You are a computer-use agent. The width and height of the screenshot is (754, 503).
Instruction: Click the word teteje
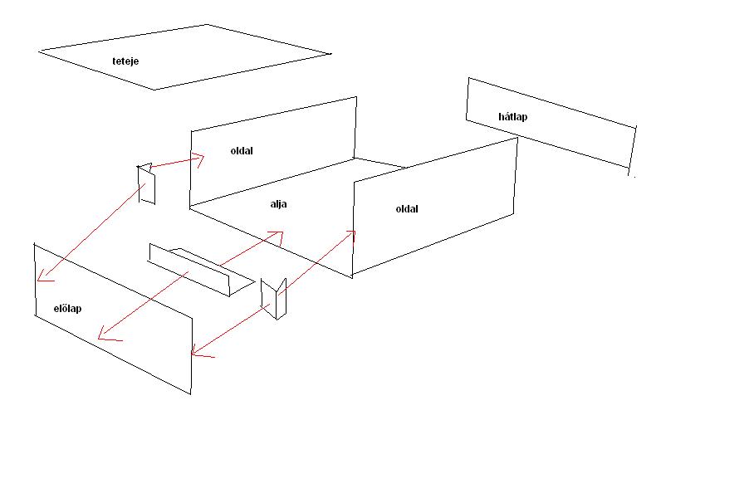click(125, 61)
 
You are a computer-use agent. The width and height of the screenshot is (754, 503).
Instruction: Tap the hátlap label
click(512, 116)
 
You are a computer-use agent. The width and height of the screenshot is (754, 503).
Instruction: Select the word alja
click(278, 204)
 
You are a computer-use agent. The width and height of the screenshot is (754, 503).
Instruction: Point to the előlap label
click(67, 308)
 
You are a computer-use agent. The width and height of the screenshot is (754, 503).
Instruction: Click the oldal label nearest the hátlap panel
click(407, 208)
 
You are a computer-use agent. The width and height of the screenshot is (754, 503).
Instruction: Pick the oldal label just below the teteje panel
click(242, 150)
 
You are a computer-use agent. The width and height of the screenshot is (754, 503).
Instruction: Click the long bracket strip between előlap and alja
click(201, 271)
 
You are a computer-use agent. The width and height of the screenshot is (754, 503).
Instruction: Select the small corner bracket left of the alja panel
click(146, 183)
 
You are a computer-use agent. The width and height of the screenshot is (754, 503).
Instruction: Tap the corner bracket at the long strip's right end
click(273, 299)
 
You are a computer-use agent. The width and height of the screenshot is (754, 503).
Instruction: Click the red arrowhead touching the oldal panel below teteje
click(198, 159)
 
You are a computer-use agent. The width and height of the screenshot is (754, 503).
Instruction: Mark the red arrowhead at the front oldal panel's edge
click(350, 236)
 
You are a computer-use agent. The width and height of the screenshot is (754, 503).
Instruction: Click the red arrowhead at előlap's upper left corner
click(44, 276)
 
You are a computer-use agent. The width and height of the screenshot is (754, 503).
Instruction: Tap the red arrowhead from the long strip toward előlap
click(107, 335)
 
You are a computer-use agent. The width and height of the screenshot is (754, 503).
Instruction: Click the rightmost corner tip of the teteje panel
click(331, 54)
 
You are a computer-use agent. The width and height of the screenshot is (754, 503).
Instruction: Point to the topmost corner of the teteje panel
click(207, 24)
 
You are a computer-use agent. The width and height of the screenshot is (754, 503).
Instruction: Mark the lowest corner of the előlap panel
click(190, 394)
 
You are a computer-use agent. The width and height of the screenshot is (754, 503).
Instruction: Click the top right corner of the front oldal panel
click(517, 138)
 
